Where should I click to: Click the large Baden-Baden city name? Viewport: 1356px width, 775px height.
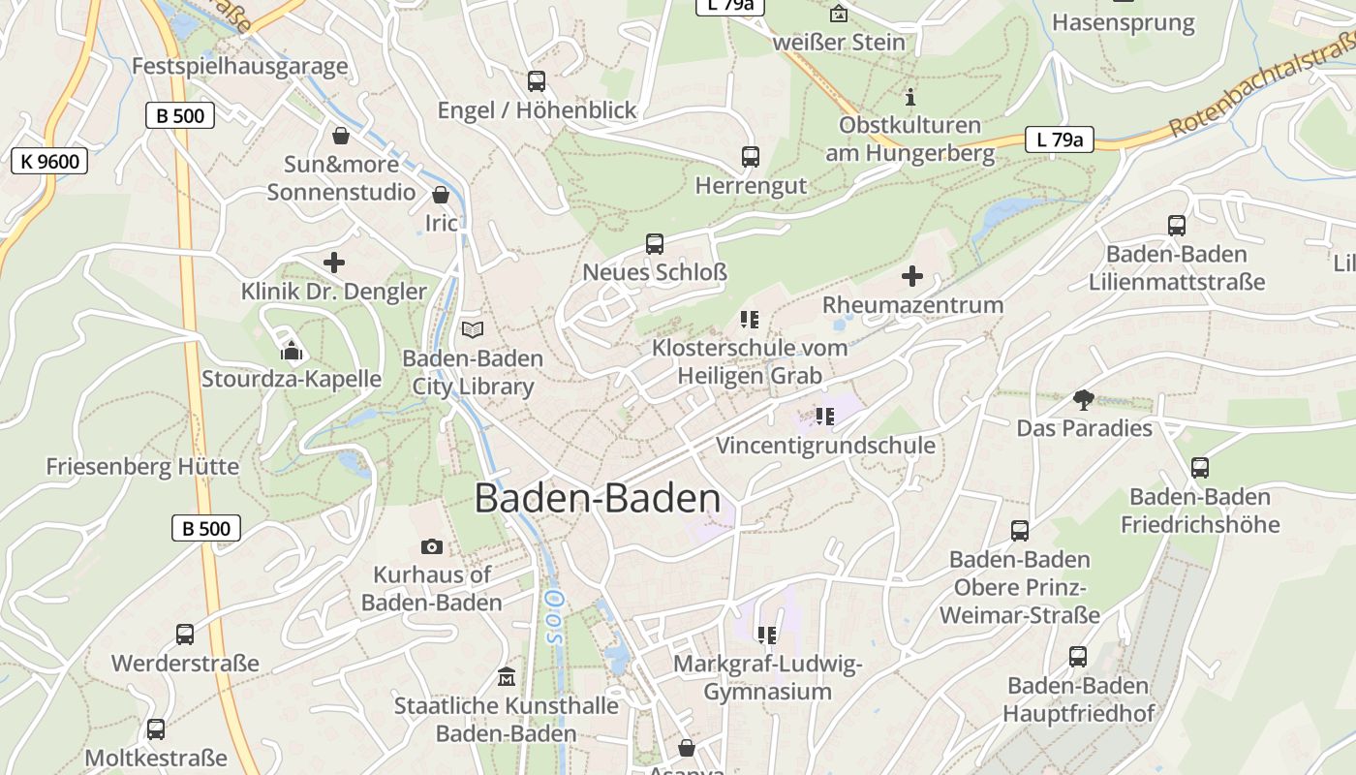click(x=598, y=499)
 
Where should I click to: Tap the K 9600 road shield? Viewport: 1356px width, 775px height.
click(x=49, y=161)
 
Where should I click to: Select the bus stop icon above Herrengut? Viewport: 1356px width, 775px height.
click(x=750, y=157)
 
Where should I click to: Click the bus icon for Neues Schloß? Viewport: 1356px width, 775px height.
click(x=655, y=244)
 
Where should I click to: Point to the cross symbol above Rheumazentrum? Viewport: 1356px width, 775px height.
click(x=912, y=277)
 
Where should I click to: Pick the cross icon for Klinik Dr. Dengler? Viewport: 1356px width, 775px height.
click(x=334, y=263)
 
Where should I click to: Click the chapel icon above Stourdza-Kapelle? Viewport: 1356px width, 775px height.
click(x=292, y=350)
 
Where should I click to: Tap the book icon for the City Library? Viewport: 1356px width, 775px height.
click(x=472, y=330)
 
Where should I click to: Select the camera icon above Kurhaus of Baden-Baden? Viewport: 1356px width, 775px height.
click(x=432, y=547)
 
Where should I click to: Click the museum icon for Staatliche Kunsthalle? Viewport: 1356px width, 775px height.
click(x=507, y=677)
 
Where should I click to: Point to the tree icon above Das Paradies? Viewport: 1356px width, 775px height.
click(x=1084, y=399)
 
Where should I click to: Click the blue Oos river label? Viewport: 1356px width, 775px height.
click(x=553, y=617)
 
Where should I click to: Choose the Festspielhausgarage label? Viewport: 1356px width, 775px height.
click(x=239, y=67)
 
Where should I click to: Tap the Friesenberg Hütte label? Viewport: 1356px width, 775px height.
click(x=142, y=467)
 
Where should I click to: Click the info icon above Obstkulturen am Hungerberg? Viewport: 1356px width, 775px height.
click(x=909, y=97)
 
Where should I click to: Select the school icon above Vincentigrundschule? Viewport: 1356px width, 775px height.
click(x=825, y=417)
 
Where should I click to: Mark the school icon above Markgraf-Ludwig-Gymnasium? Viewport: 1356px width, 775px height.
click(x=767, y=635)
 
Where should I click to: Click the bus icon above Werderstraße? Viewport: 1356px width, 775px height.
click(x=185, y=635)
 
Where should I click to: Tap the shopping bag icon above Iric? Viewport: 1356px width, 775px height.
click(x=441, y=195)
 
